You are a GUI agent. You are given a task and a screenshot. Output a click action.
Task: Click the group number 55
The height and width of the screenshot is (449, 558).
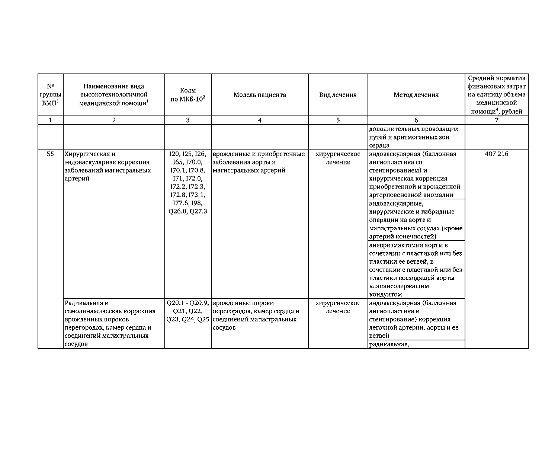[x=50, y=154]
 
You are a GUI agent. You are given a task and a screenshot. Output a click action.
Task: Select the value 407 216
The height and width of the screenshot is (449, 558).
[x=496, y=154]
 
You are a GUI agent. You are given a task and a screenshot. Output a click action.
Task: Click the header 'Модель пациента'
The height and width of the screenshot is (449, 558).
[x=260, y=95]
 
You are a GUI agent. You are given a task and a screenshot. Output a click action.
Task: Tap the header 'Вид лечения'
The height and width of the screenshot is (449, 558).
[x=338, y=95]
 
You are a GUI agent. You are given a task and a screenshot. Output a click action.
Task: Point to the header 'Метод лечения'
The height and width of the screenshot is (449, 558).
[x=416, y=95]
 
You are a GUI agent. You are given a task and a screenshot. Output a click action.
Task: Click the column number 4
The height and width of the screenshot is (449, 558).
[x=260, y=120]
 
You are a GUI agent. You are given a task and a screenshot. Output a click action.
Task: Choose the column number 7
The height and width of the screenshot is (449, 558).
[x=496, y=120]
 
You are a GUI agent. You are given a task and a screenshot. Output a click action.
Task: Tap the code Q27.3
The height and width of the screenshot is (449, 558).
[x=198, y=211]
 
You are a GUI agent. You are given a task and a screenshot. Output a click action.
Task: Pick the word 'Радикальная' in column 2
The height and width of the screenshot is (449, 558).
[x=81, y=303]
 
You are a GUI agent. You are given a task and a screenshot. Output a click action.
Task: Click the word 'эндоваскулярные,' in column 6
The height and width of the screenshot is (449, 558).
[x=396, y=203]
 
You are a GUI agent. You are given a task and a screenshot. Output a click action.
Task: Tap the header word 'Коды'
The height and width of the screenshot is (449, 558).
[x=188, y=90]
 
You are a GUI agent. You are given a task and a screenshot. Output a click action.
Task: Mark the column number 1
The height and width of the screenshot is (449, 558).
[x=50, y=120]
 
